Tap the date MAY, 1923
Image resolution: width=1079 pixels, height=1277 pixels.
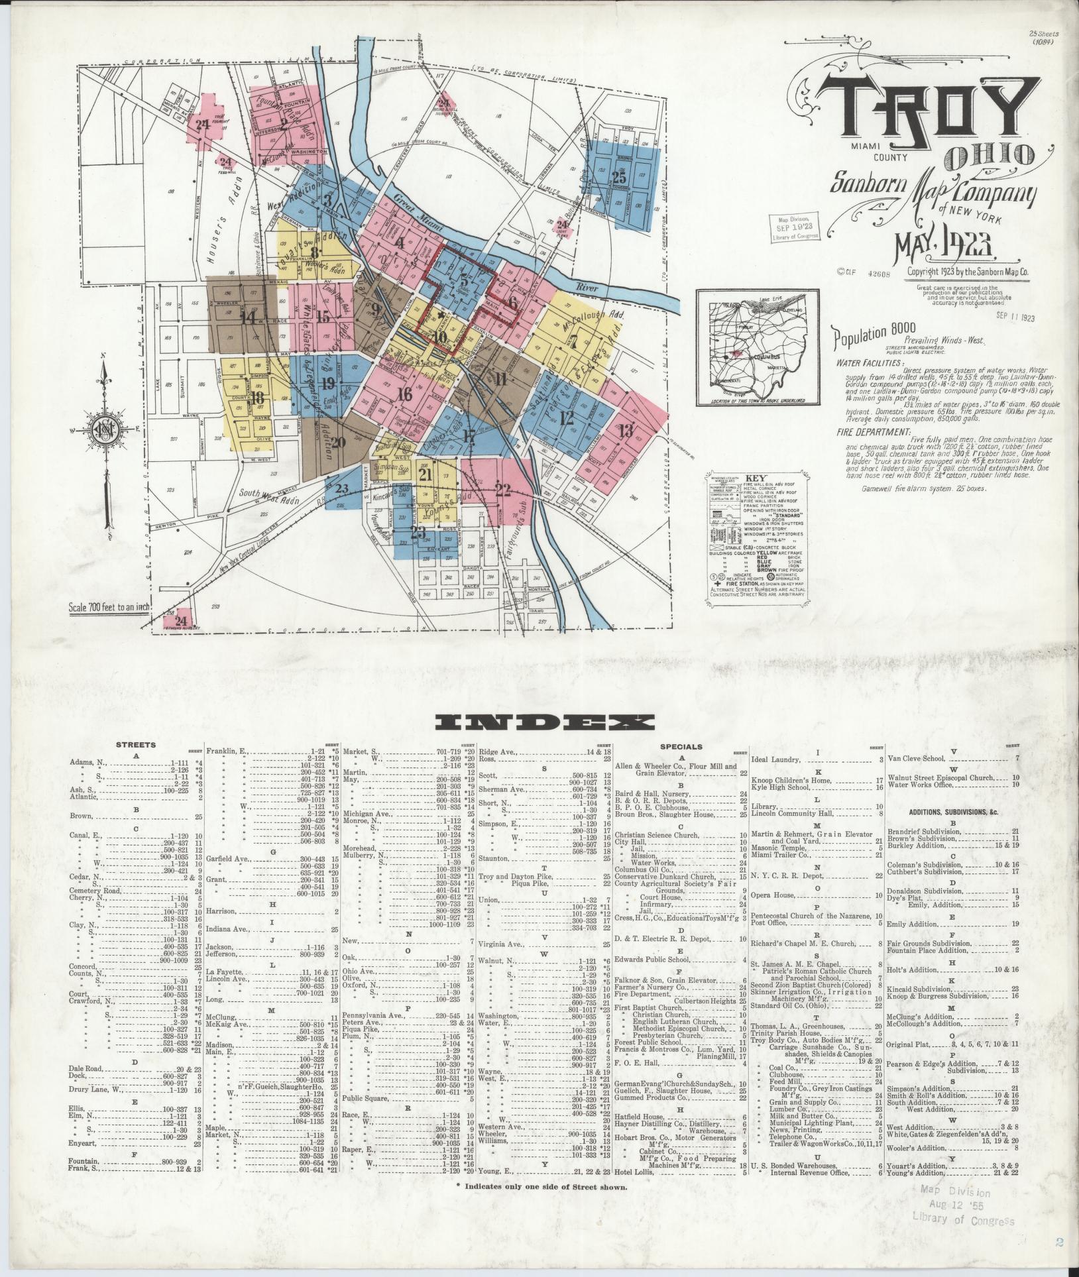[x=947, y=249]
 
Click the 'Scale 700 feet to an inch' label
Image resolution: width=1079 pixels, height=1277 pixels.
[x=107, y=608]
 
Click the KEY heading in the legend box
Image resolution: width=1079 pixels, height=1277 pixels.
[x=756, y=478]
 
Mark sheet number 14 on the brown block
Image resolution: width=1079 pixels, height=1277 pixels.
[x=249, y=317]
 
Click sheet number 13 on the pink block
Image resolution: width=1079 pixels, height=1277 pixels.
[x=625, y=431]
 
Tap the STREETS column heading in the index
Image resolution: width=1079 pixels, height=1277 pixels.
[x=136, y=745]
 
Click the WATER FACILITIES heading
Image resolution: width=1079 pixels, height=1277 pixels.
[x=860, y=364]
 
